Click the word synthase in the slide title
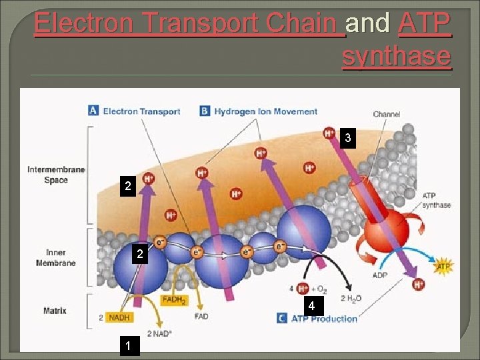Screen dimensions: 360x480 pos(397,56)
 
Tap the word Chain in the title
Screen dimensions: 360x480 pos(304,23)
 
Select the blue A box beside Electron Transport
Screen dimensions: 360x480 pos(94,111)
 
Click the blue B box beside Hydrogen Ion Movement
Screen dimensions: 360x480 pos(205,111)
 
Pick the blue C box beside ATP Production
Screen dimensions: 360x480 pos(282,318)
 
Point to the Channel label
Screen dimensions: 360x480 pos(387,114)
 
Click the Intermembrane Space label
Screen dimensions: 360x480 pos(56,175)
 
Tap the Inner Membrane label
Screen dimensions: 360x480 pos(56,257)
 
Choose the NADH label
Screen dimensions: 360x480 pos(119,317)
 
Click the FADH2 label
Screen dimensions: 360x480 pos(174,300)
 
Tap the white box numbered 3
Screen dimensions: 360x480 pos(347,139)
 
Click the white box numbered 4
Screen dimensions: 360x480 pos(311,306)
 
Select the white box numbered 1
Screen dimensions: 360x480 pos(127,345)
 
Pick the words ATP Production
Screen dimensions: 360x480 pos(325,318)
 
